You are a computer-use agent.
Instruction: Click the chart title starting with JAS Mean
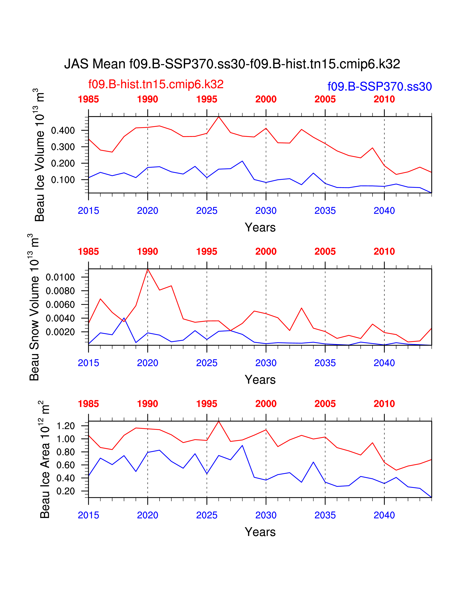pyautogui.click(x=232, y=64)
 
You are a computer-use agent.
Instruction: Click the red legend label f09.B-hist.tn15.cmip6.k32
pyautogui.click(x=156, y=84)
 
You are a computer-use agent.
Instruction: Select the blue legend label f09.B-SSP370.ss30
pyautogui.click(x=380, y=86)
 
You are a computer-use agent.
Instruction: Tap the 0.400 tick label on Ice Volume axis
pyautogui.click(x=63, y=130)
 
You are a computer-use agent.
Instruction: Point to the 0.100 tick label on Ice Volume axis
pyautogui.click(x=63, y=180)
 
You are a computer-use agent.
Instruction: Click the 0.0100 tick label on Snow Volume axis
pyautogui.click(x=60, y=277)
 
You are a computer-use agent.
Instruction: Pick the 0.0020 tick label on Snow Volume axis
pyautogui.click(x=60, y=332)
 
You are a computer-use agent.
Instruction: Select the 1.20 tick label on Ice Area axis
pyautogui.click(x=66, y=426)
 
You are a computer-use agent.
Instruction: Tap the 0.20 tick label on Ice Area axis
pyautogui.click(x=66, y=491)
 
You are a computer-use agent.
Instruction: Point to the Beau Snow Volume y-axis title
pyautogui.click(x=34, y=307)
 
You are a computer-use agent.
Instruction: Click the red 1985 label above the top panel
pyautogui.click(x=88, y=99)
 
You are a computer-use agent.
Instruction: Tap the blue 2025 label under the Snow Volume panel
pyautogui.click(x=207, y=363)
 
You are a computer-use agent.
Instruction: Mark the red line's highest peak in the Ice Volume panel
pyautogui.click(x=219, y=117)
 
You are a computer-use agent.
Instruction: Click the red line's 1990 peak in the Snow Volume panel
pyautogui.click(x=148, y=269)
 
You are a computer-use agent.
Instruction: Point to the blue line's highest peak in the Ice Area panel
pyautogui.click(x=242, y=445)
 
